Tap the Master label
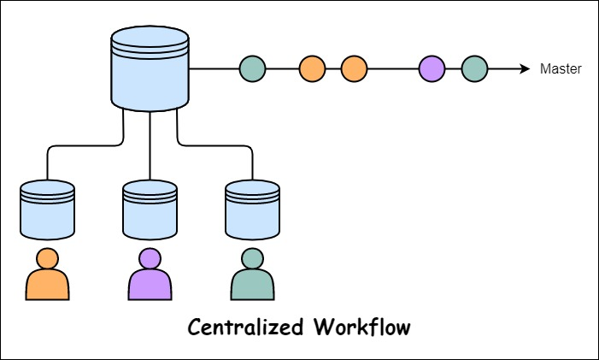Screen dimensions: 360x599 [561, 69]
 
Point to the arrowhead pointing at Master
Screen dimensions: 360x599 [525, 69]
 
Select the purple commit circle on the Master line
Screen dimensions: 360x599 [432, 69]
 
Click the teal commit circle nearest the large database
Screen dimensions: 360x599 [252, 69]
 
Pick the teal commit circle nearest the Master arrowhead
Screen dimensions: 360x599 [474, 69]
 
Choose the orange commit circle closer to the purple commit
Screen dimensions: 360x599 [354, 69]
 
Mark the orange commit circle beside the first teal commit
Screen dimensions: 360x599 [313, 69]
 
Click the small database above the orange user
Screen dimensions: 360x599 [47, 210]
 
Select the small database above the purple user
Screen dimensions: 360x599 [150, 210]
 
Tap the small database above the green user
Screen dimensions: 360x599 [252, 210]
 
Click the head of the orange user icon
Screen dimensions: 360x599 [47, 257]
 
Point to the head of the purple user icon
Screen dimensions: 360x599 [150, 257]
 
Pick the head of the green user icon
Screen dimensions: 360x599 [252, 257]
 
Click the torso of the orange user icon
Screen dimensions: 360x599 [47, 286]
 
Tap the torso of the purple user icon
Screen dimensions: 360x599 [150, 286]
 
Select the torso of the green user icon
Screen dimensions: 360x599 [252, 286]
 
